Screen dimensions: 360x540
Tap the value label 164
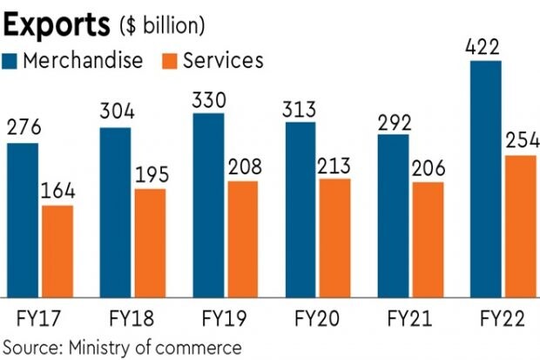click(57, 192)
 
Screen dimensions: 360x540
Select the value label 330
click(209, 99)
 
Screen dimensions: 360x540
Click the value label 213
click(334, 166)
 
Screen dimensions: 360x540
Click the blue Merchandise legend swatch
click(10, 60)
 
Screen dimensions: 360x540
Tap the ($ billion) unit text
click(162, 26)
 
